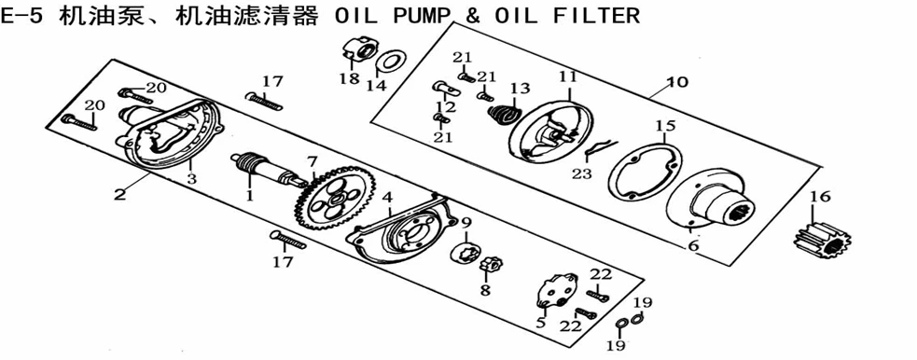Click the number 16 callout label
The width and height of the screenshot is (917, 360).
[820, 198]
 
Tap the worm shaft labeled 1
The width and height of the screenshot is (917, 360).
[265, 169]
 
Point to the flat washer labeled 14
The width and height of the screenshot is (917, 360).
[390, 61]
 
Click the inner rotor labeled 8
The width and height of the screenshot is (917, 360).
[488, 266]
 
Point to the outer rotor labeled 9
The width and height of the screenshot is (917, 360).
[467, 253]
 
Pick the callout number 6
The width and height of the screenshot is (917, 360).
[693, 246]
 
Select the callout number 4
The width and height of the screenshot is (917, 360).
[387, 198]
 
